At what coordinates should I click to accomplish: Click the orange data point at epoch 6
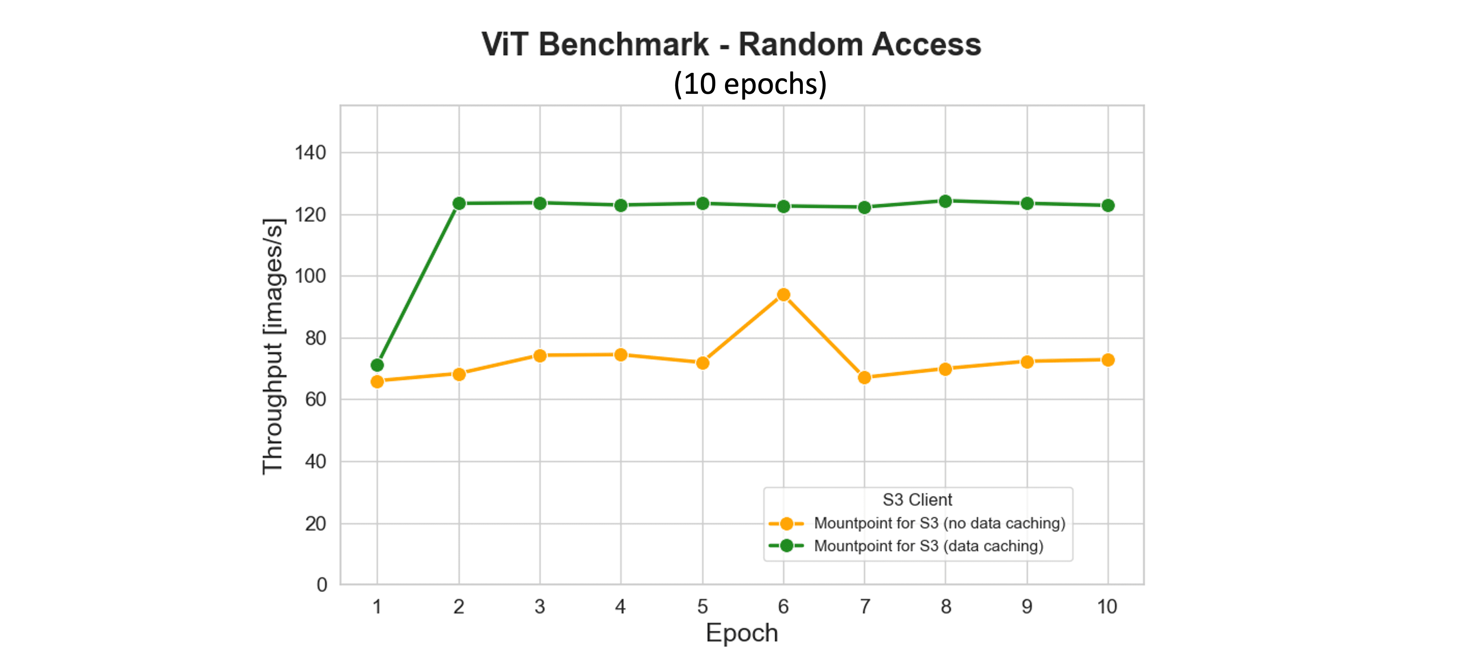click(x=784, y=294)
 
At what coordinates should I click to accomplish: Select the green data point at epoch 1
click(x=377, y=365)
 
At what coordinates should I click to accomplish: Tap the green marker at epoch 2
click(x=459, y=203)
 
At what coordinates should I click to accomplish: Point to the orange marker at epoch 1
click(x=377, y=381)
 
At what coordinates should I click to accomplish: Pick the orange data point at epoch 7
click(x=864, y=378)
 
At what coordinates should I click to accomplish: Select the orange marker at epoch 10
click(x=1107, y=360)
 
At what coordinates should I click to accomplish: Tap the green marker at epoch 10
click(x=1107, y=205)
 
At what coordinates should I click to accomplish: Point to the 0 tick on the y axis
click(x=322, y=584)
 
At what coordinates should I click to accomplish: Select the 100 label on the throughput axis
click(x=310, y=276)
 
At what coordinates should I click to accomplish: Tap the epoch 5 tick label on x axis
click(x=703, y=607)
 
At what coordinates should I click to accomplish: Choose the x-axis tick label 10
click(x=1107, y=607)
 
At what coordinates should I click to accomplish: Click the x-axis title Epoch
click(x=742, y=633)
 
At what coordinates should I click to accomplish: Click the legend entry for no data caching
click(x=939, y=523)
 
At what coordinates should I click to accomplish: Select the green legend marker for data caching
click(x=786, y=546)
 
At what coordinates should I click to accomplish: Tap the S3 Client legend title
click(x=917, y=500)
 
